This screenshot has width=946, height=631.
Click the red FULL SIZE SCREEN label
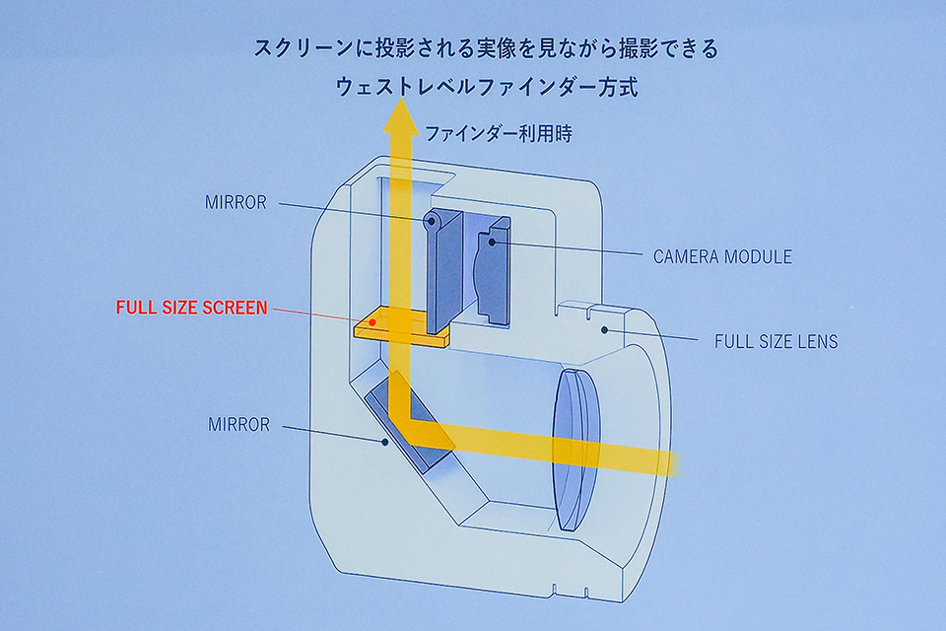191,308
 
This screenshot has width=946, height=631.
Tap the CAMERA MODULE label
721,257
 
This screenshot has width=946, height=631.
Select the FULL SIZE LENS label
776,342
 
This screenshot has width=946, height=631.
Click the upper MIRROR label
236,202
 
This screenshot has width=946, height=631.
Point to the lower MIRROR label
238,425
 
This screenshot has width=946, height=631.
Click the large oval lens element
575,449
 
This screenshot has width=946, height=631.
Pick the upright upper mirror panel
445,266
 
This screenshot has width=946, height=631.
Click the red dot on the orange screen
372,321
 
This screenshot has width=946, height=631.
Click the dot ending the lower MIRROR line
384,443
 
